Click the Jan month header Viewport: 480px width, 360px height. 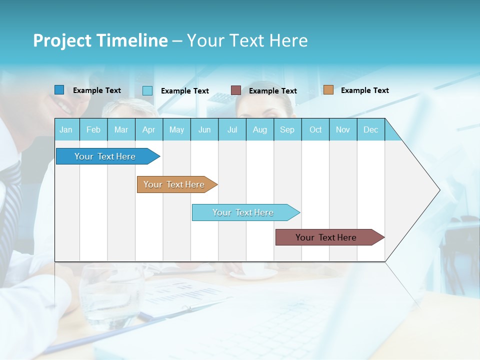tap(66, 130)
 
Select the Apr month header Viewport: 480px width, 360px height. tap(148, 130)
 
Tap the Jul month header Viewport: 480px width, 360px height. tap(232, 130)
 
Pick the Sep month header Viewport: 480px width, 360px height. tap(287, 130)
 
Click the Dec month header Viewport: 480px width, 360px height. tap(370, 130)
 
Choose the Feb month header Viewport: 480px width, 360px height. tap(93, 130)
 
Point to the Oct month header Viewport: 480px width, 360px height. tap(315, 130)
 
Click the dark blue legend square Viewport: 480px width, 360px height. tap(59, 90)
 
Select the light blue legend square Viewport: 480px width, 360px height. tap(147, 90)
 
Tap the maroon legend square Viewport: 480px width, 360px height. tap(236, 90)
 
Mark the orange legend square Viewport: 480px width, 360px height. tap(328, 90)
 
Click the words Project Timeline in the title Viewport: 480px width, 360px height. tap(100, 40)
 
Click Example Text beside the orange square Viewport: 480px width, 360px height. tap(364, 90)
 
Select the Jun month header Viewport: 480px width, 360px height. tap(204, 130)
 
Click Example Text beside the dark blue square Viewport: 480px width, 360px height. tap(96, 90)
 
